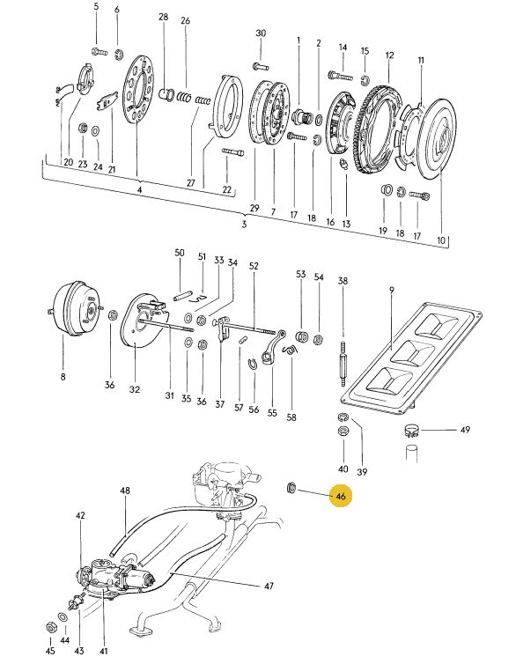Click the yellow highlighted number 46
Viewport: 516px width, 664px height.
(341, 496)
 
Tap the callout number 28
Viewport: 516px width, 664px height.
(164, 17)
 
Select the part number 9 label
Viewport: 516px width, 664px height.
(392, 290)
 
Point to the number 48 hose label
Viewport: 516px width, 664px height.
(125, 491)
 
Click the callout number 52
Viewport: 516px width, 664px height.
(253, 266)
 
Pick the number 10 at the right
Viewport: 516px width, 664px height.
(441, 240)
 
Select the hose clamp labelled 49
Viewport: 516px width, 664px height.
(411, 432)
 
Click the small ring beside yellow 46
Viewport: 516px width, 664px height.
(291, 488)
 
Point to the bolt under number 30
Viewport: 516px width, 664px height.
(261, 66)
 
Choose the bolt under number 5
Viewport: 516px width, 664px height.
(100, 53)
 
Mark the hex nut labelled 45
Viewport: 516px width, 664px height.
(50, 626)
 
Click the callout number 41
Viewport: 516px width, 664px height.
(104, 651)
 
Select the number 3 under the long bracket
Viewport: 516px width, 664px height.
(244, 224)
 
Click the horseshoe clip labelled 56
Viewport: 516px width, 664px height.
(253, 364)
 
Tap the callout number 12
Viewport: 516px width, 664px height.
(389, 55)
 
